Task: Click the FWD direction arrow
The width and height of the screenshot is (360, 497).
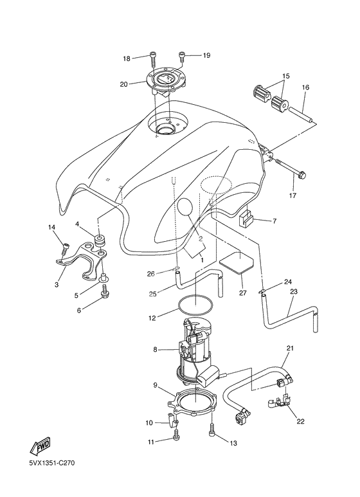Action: (40, 447)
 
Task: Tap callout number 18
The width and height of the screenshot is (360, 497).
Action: (127, 59)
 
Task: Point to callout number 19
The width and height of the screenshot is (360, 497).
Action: (206, 55)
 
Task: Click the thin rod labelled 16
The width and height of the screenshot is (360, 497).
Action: (301, 114)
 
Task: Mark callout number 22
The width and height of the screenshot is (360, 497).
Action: (300, 421)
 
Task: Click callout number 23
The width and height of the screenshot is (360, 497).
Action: (294, 291)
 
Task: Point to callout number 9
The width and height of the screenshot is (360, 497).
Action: (156, 385)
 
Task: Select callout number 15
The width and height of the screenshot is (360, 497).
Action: (286, 76)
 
